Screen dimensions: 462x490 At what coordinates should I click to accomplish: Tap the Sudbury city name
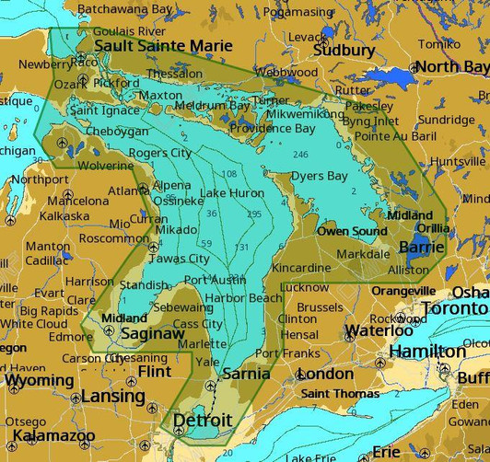[344, 51]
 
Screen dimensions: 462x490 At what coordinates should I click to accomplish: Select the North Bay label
[451, 67]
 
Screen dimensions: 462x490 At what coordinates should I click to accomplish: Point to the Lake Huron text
[232, 193]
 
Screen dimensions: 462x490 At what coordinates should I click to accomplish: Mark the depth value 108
[229, 174]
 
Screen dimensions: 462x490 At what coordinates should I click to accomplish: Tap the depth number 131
[241, 248]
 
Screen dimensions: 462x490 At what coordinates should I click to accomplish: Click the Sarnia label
[246, 374]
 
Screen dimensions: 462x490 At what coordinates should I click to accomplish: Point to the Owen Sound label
[352, 231]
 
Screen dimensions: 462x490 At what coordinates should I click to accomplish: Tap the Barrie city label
[421, 248]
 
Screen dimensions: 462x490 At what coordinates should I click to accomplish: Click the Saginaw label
[152, 334]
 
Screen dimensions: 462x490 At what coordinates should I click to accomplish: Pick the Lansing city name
[113, 397]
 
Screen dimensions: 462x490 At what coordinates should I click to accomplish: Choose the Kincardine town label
[300, 268]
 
